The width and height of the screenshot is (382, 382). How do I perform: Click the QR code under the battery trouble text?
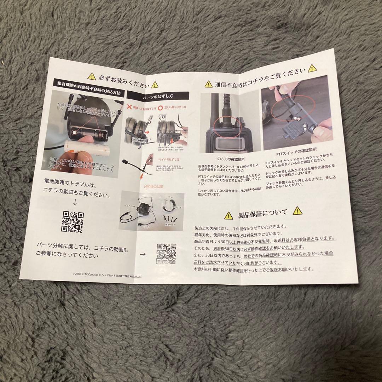click(x=73, y=222)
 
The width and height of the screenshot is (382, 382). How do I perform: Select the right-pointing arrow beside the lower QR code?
click(x=143, y=254)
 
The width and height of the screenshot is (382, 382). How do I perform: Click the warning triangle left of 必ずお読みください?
click(x=92, y=76)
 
